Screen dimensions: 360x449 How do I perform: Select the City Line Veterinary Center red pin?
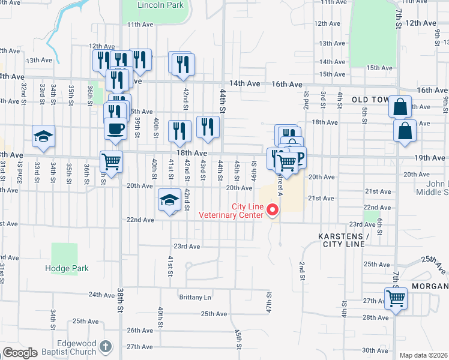[x=273, y=210]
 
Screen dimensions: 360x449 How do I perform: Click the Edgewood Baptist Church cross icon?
[x=106, y=346]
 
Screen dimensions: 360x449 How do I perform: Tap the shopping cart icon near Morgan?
[x=396, y=298]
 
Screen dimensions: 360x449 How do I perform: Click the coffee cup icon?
[x=115, y=127]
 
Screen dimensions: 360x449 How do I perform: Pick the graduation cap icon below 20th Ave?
[x=170, y=199]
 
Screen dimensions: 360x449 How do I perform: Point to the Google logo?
[x=20, y=353]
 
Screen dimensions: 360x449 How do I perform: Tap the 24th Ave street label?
[x=101, y=295]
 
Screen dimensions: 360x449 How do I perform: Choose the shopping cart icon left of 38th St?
[x=112, y=160]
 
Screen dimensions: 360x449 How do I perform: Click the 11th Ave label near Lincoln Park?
[x=140, y=25]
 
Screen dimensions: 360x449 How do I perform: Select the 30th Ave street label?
[x=375, y=350]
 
